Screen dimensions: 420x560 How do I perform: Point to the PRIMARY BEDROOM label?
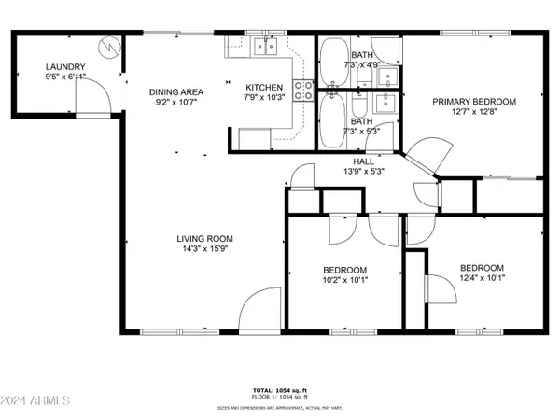coord(473,102)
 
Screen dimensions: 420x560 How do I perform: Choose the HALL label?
coord(352,160)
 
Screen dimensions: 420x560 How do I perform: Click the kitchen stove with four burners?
coord(304,90)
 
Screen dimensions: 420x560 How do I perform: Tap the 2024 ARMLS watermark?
coord(37,401)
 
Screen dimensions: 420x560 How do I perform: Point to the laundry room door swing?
coord(91,90)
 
